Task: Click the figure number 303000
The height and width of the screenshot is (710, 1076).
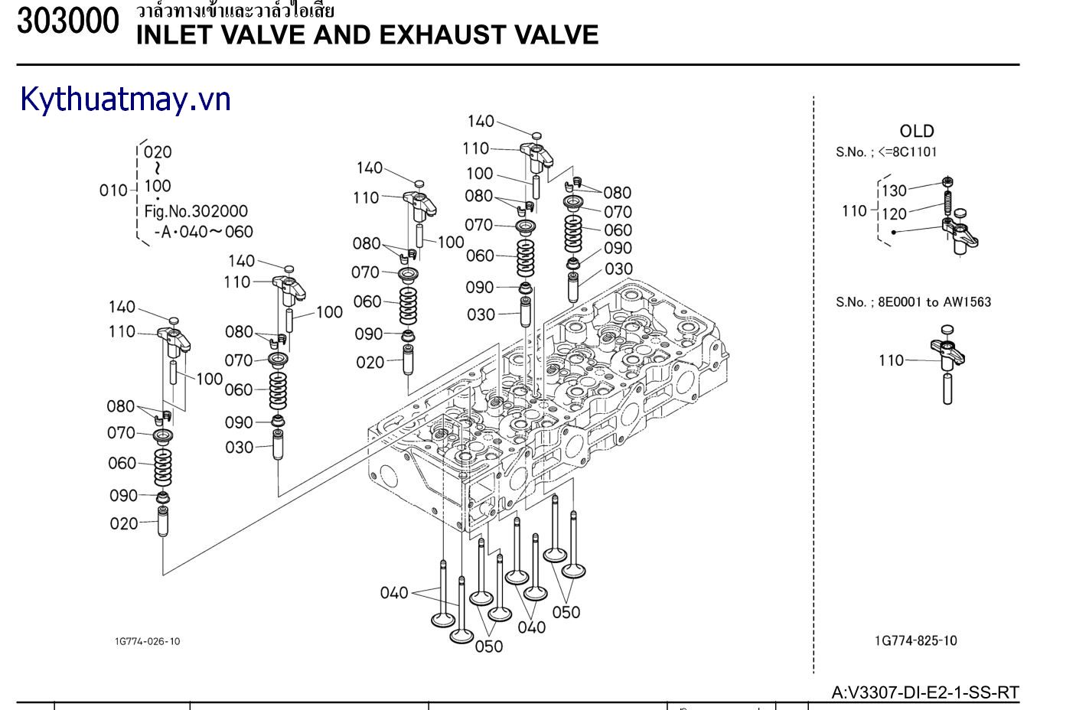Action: [x=68, y=22]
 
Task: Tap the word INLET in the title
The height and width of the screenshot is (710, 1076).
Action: [x=173, y=34]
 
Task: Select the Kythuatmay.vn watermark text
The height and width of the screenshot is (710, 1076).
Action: [x=126, y=100]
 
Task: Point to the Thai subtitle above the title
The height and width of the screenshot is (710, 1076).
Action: [x=235, y=11]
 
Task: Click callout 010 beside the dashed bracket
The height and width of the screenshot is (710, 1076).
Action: [x=113, y=191]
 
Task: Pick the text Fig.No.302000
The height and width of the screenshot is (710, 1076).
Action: [x=196, y=211]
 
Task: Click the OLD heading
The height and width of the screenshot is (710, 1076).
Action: [x=916, y=131]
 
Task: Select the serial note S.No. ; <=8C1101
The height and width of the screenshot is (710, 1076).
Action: [x=885, y=152]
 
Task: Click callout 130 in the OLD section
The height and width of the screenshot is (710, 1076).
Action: [x=894, y=191]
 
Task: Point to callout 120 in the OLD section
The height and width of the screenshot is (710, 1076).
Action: [x=894, y=214]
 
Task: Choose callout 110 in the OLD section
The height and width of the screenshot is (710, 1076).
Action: [x=853, y=210]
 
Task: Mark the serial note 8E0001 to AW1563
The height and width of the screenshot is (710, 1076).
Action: [x=913, y=302]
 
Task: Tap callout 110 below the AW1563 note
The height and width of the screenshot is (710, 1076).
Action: [x=891, y=360]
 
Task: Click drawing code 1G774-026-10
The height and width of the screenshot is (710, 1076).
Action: [x=148, y=641]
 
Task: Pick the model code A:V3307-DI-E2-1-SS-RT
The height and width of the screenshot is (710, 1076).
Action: [x=925, y=692]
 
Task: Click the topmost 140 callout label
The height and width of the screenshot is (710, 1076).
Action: [x=481, y=121]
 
